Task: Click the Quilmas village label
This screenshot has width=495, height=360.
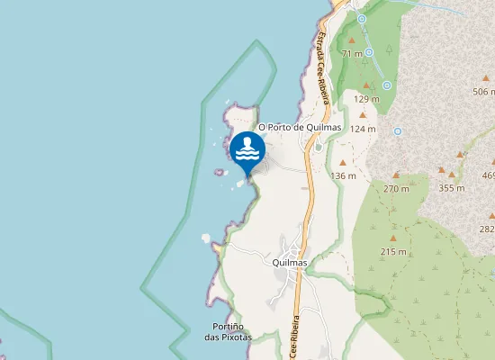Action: (289, 262)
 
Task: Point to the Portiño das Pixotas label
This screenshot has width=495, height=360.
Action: (227, 331)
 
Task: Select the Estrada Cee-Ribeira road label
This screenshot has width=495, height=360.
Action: (322, 63)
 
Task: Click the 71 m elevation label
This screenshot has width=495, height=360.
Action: (352, 54)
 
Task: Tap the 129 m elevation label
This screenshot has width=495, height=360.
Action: (366, 99)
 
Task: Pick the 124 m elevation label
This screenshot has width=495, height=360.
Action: (362, 129)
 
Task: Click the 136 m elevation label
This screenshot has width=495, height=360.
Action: (344, 175)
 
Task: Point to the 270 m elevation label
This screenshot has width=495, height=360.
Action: (396, 188)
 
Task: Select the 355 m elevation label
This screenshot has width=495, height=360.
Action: (451, 188)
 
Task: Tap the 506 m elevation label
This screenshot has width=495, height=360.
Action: (484, 92)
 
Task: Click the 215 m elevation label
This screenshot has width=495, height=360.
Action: (393, 251)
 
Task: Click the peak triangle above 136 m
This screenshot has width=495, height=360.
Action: (344, 161)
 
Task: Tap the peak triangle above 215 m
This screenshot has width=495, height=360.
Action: (393, 238)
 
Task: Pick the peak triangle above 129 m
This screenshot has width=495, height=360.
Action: (366, 85)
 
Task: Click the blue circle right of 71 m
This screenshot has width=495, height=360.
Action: (369, 52)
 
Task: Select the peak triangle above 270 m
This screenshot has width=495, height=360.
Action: (396, 175)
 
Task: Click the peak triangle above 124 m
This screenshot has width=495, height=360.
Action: (362, 115)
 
